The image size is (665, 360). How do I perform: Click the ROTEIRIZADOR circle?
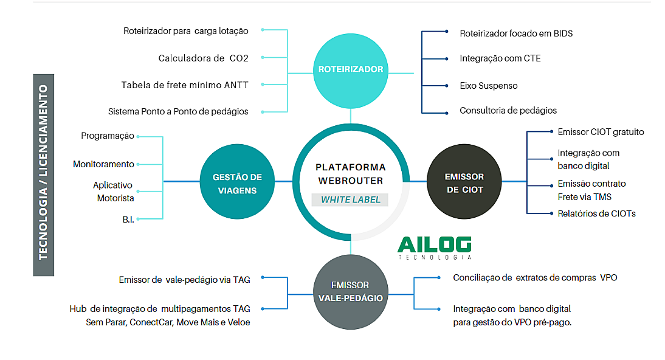coord(351,69)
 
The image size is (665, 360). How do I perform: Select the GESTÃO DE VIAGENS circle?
coord(237,182)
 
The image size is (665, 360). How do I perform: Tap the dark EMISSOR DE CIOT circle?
coord(464,182)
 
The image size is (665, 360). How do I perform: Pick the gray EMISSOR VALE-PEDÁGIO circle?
coord(351,291)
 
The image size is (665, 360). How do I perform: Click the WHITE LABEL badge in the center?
coord(351,199)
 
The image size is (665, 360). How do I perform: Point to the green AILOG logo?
coord(434,244)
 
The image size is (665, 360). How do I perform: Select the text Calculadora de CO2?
coord(203,58)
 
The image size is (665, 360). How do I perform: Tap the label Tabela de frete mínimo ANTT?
coord(185,85)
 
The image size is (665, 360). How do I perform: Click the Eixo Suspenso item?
coord(489,86)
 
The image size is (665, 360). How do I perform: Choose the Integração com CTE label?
coord(500,58)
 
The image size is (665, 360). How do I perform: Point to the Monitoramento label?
coord(103,164)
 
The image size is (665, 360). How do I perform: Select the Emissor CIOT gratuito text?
coord(601,131)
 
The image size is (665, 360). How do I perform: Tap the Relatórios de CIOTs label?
coord(596,213)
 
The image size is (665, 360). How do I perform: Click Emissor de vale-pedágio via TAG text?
coord(185,280)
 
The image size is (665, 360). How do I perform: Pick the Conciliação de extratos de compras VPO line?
coord(535,277)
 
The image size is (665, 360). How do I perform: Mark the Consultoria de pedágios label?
coord(508,111)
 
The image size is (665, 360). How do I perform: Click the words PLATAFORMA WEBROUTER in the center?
coord(351,173)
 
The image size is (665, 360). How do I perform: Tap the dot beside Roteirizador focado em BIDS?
coord(447,32)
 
